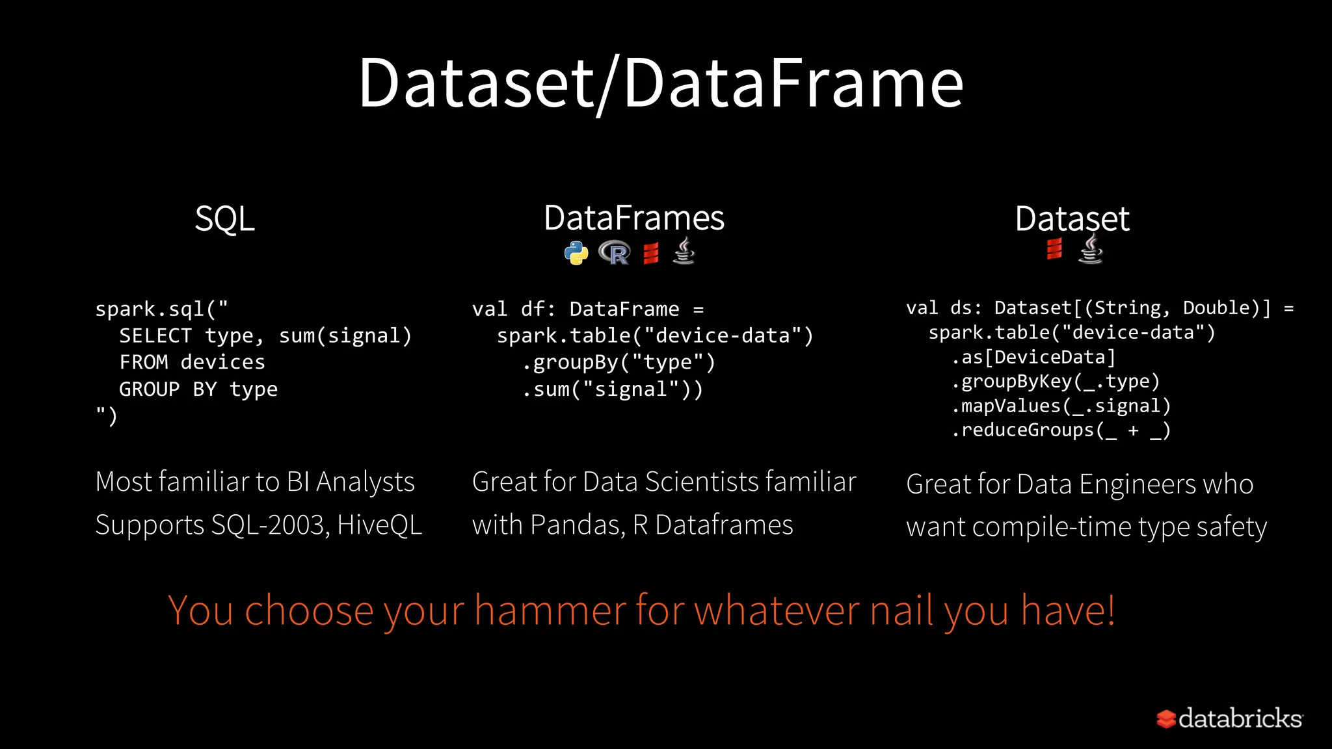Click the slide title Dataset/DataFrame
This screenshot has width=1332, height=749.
(661, 83)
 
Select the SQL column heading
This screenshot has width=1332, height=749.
(224, 218)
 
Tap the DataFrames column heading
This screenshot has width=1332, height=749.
(634, 218)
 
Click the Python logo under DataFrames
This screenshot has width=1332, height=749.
(576, 253)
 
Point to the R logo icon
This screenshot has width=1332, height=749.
(615, 253)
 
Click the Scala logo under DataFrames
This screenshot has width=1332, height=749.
(651, 253)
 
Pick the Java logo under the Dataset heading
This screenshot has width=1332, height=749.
(1091, 250)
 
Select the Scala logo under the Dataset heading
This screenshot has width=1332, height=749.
(1054, 248)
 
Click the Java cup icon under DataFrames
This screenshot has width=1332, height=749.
(684, 251)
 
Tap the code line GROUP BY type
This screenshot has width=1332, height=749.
(198, 389)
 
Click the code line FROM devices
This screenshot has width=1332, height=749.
(192, 362)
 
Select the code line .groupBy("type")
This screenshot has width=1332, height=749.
(619, 362)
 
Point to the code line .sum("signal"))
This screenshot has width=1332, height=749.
(613, 389)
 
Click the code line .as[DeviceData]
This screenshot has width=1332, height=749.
(1033, 357)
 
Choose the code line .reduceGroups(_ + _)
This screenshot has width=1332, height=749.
(1061, 430)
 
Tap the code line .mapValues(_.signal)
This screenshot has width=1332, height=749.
(1061, 406)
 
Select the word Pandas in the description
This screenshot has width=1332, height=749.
(578, 525)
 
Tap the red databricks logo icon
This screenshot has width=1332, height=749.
(1165, 718)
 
